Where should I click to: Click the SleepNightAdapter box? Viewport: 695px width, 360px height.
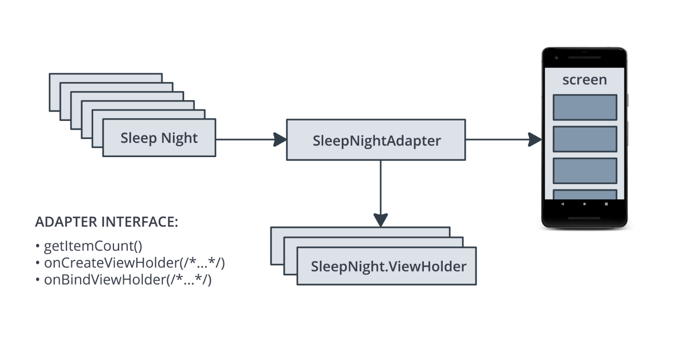coord(376,140)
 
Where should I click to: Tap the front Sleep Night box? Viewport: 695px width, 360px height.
coord(159,138)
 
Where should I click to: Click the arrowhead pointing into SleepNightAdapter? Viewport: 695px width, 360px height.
coord(280,139)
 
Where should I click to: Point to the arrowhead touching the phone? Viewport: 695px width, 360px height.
coord(534,139)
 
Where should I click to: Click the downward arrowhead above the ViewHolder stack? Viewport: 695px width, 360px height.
coord(381,219)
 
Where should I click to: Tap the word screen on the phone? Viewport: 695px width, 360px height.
coord(584,80)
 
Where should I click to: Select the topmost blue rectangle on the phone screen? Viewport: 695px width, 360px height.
coord(585,107)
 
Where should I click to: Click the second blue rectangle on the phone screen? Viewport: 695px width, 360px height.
coord(585,139)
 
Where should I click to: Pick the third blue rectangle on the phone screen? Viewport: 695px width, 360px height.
coord(585,171)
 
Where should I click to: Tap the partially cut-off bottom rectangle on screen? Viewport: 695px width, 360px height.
coord(585,195)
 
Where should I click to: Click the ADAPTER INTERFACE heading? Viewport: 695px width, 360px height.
coord(106,222)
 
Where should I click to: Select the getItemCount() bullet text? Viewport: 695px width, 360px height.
coord(93,246)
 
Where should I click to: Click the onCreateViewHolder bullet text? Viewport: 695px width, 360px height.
coord(134,263)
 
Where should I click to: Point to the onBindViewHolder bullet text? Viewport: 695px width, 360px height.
coord(127,280)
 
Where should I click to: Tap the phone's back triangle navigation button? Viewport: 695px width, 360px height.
coord(562,204)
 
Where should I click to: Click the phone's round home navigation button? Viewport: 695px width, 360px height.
coord(584,204)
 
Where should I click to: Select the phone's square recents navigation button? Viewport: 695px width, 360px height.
coord(606,204)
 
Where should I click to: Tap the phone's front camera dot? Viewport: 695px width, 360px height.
coord(556,57)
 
